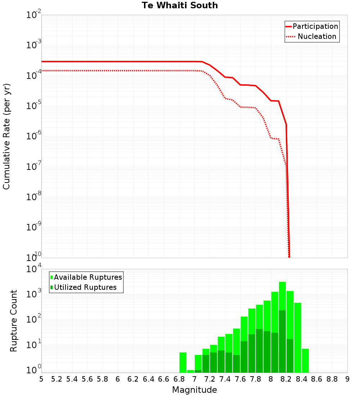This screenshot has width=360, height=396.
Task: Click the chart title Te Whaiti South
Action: click(x=180, y=5)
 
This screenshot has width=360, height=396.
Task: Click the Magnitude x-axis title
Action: click(x=194, y=390)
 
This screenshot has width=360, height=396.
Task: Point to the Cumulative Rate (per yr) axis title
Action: click(x=6, y=136)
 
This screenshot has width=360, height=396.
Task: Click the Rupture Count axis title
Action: click(x=14, y=320)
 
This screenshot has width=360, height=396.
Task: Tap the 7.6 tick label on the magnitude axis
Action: click(x=240, y=379)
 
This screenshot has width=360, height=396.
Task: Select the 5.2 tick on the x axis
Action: click(x=57, y=379)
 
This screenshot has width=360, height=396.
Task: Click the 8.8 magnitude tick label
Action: click(x=332, y=379)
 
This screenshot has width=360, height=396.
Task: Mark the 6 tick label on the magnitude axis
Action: click(x=118, y=379)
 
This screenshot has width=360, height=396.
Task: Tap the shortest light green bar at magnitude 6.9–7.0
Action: click(x=190, y=371)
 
